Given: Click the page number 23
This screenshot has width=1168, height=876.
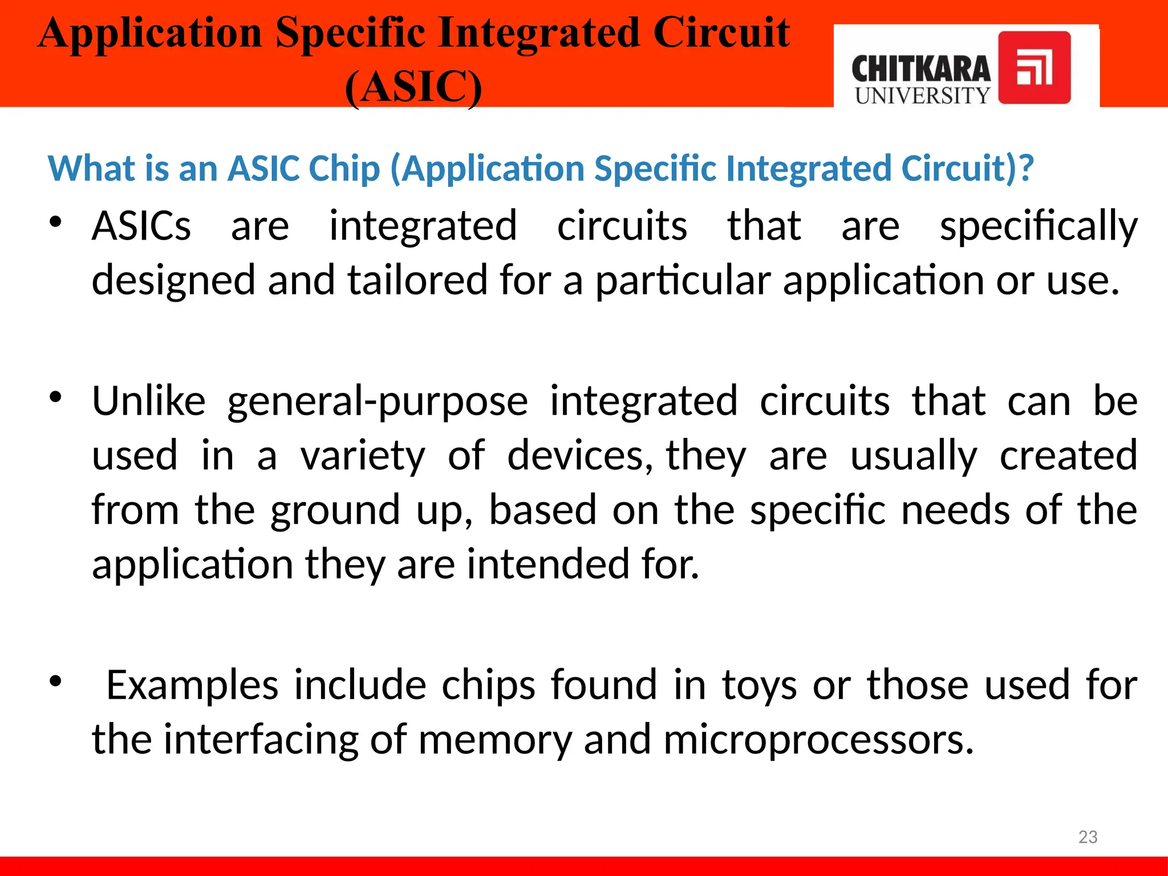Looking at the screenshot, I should pos(1088,837).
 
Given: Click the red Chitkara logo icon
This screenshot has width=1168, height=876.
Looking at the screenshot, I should pos(1034,68).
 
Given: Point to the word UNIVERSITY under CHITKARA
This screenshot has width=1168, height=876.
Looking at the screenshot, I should pos(922,96).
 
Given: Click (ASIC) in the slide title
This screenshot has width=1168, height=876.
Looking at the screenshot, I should pos(413,87).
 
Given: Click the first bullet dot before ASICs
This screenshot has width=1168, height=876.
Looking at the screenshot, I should pos(55,222).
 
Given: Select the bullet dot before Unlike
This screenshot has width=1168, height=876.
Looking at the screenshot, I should pos(55,397).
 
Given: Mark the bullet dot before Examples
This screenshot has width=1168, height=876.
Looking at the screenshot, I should pos(55,681).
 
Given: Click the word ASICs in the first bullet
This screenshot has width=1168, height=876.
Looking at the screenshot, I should pos(141,226).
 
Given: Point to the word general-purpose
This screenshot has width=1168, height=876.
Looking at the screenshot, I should pos(378,401).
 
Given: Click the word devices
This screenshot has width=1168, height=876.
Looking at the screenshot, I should pos(579,456).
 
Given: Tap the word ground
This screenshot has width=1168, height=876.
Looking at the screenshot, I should pos(335,510).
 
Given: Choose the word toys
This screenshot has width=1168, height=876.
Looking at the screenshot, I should pos(759,685).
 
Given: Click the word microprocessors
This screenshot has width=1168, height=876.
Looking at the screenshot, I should pos(818,740).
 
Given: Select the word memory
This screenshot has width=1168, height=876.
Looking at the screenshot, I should pos(494,740).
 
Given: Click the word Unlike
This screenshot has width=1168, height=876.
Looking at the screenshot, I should pos(149,401).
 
